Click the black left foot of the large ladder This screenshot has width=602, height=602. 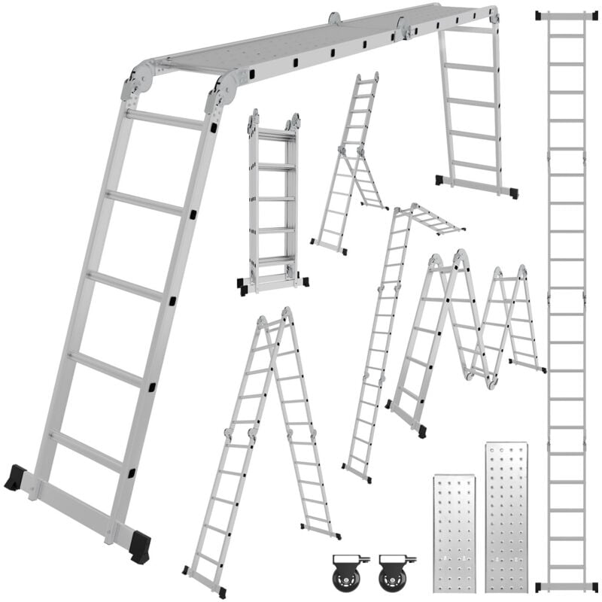tap(14, 478)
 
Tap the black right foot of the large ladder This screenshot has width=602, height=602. tap(140, 548)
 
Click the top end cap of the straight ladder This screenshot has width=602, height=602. tap(567, 15)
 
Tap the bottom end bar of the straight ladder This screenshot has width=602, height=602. tap(567, 586)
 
